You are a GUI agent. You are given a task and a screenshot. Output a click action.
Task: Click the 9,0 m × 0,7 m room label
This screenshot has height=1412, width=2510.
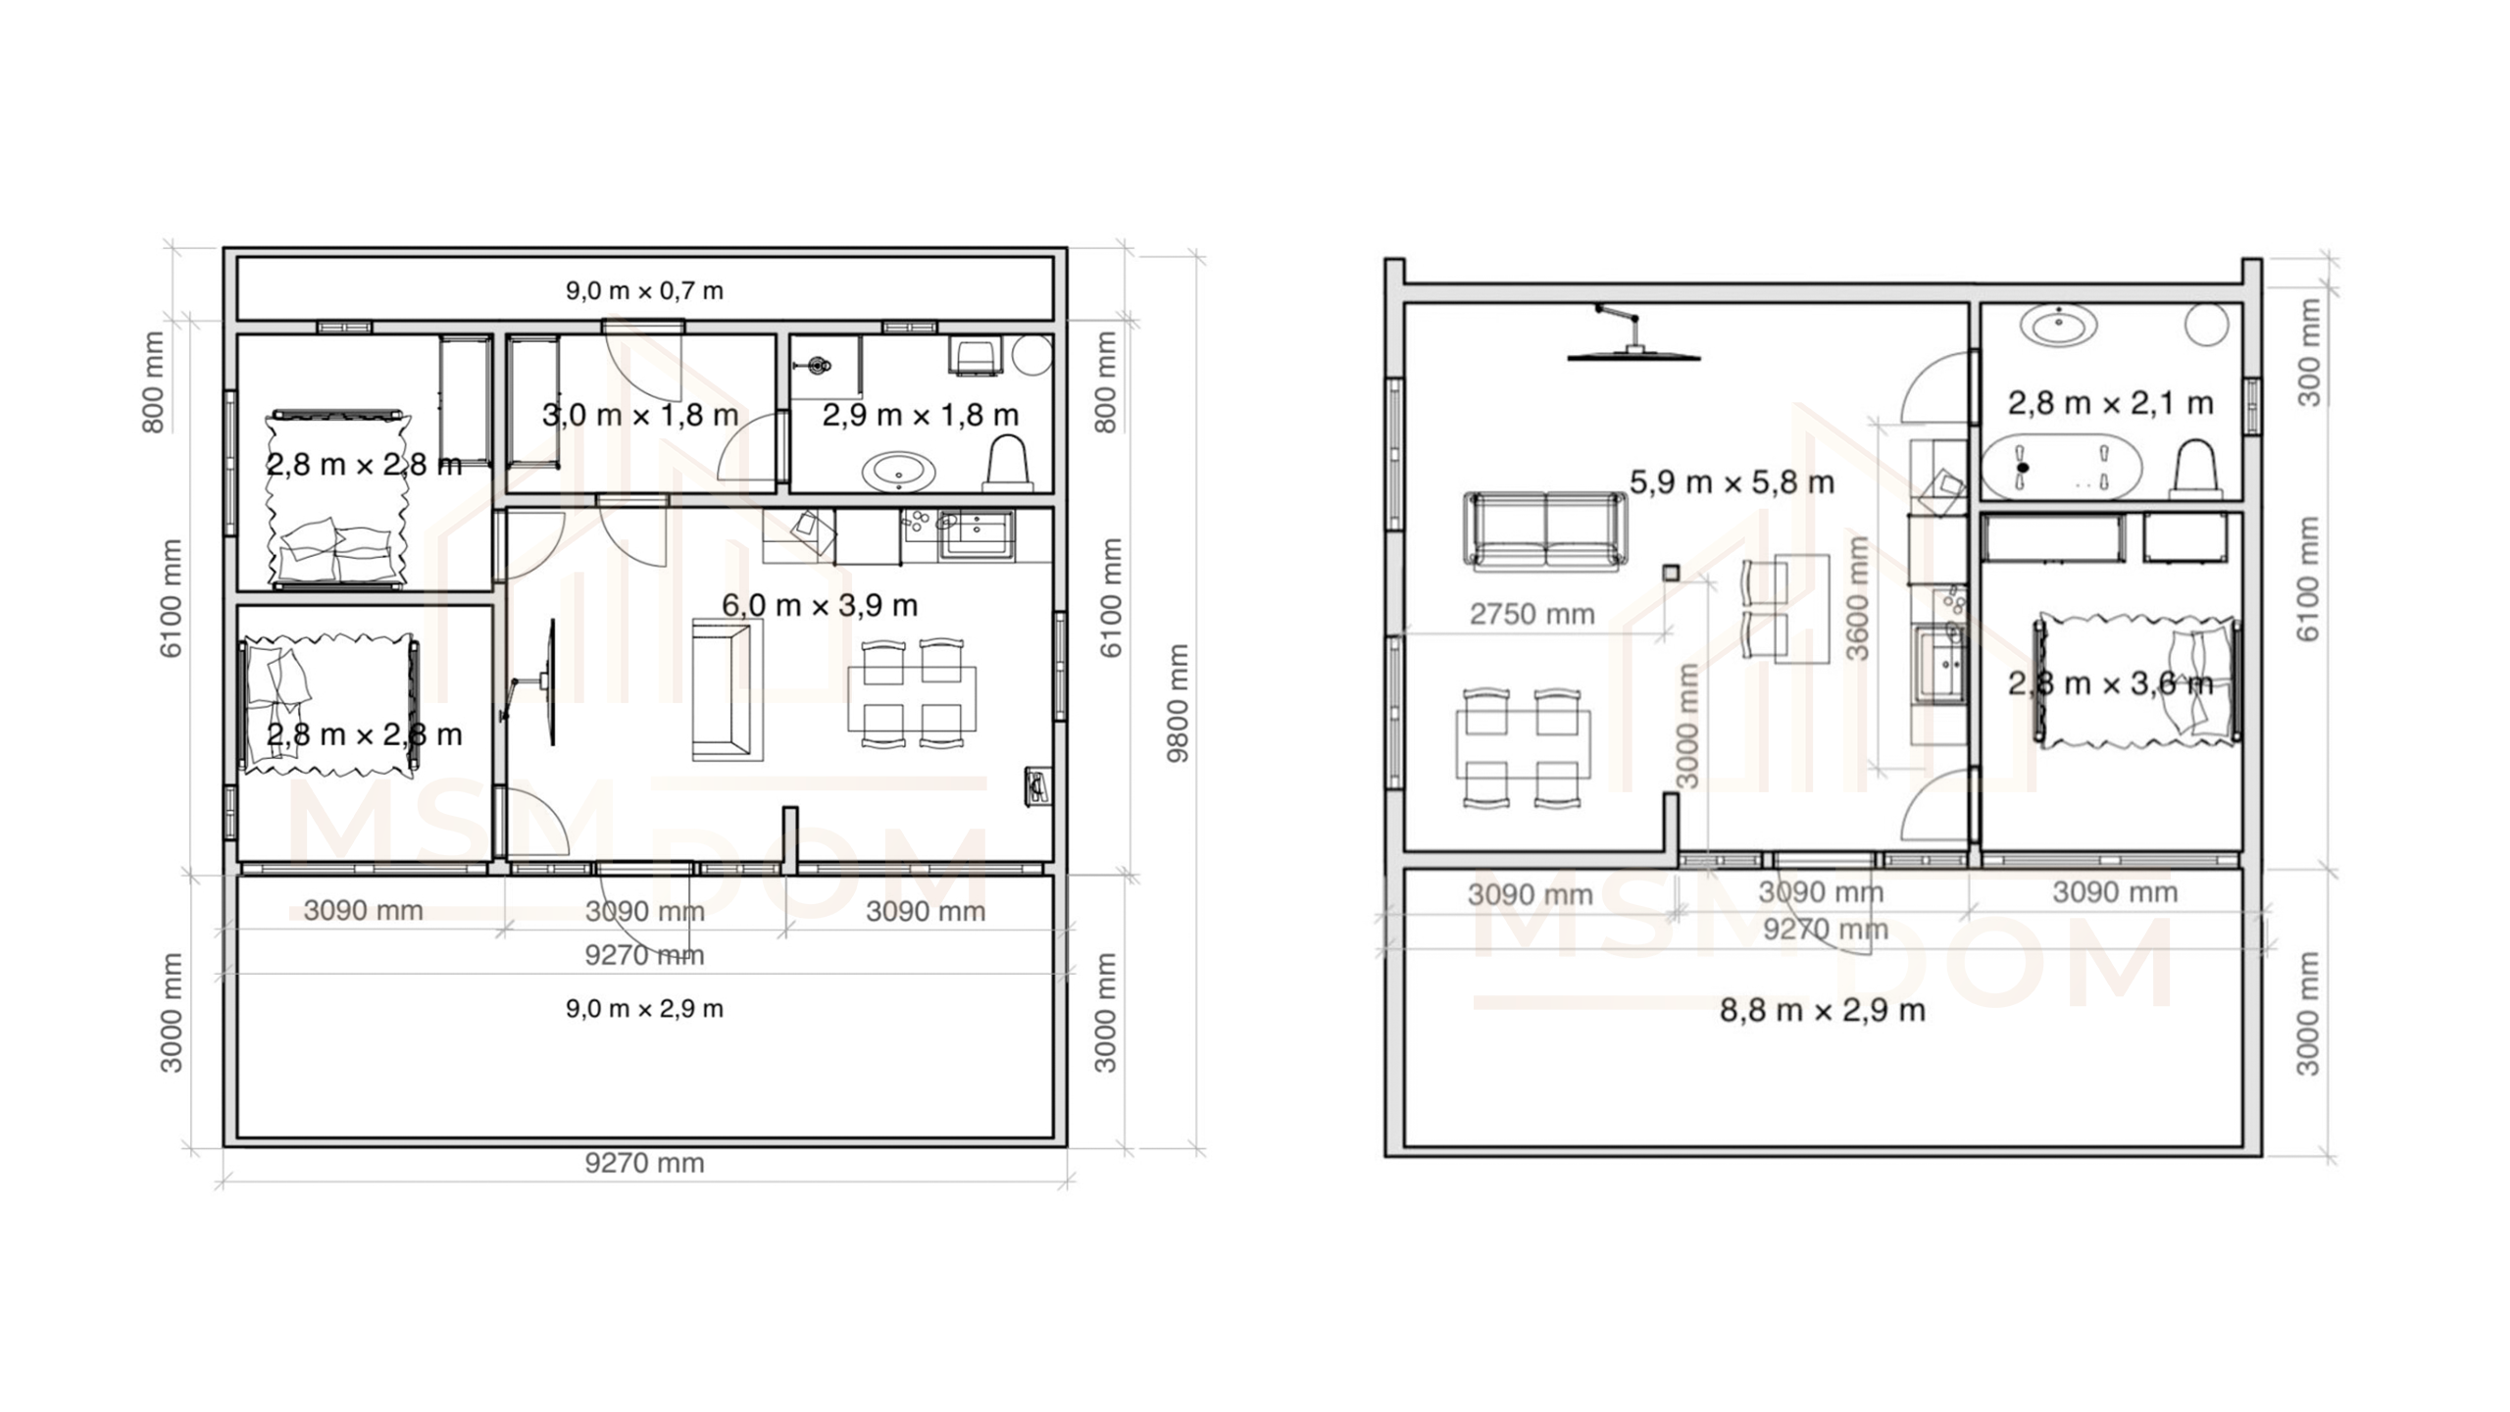644,290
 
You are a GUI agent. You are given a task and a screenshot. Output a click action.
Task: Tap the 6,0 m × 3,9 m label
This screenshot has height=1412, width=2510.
820,605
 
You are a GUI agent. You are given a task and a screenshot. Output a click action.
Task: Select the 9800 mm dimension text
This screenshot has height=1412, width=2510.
1178,702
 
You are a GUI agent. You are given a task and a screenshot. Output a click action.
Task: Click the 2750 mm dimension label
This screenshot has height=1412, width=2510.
1531,614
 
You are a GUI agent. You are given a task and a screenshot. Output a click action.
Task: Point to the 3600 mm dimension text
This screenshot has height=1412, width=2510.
1857,599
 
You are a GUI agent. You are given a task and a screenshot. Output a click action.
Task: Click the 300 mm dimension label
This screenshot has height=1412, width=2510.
2310,352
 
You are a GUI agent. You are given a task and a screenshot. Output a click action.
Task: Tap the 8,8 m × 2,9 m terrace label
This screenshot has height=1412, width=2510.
1822,1010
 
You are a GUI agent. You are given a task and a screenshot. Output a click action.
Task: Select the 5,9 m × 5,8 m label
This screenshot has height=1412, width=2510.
1732,482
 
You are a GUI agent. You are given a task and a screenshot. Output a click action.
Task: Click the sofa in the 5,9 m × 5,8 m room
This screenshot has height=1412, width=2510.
1544,530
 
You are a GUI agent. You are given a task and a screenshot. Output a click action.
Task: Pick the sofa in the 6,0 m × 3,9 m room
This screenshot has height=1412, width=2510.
727,689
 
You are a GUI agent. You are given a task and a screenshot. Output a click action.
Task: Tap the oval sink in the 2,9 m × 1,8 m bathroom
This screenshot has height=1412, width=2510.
898,472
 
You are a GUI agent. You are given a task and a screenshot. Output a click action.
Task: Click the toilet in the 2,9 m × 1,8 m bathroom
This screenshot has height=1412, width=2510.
1008,462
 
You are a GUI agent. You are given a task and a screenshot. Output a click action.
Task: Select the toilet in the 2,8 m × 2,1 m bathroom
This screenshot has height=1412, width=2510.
2194,470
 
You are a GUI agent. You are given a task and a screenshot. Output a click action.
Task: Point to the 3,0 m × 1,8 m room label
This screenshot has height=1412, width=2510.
640,415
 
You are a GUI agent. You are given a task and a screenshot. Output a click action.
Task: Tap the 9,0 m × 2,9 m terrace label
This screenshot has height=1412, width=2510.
644,1009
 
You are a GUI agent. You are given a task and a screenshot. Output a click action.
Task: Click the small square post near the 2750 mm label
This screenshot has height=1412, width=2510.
1672,573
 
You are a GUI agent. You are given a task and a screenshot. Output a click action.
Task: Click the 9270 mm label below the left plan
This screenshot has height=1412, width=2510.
644,1163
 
